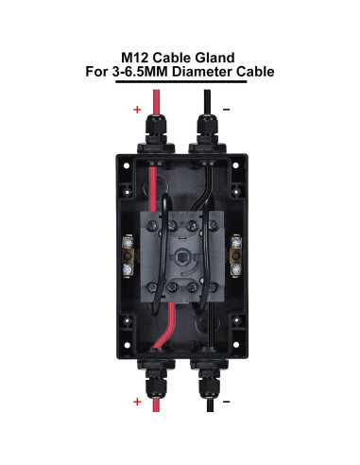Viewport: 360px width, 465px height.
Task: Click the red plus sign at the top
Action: click(x=137, y=110)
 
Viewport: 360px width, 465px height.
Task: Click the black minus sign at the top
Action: click(x=227, y=110)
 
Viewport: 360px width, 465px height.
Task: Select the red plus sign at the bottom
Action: click(x=137, y=402)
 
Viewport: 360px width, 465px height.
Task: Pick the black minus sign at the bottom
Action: click(x=227, y=402)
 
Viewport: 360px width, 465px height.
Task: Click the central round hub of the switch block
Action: click(x=180, y=254)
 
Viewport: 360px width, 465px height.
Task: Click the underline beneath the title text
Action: click(x=180, y=82)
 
